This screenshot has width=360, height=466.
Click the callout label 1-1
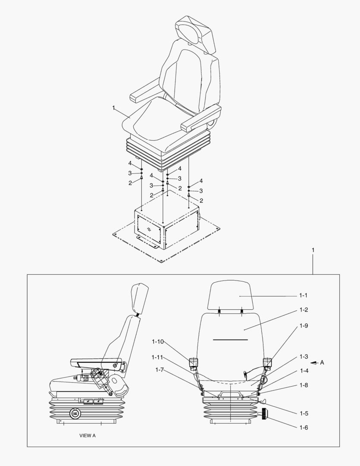(x=303, y=296)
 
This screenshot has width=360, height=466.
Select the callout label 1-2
(x=303, y=310)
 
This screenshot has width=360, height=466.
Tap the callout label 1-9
(x=303, y=326)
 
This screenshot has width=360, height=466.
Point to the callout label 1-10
(x=157, y=342)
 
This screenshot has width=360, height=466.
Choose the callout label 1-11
(x=157, y=357)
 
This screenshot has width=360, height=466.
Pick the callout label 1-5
(x=304, y=413)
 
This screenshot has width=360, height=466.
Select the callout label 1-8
(x=304, y=385)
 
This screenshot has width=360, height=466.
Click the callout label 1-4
(x=304, y=371)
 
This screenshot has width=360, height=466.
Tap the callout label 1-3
(x=304, y=357)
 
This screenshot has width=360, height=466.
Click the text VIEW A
(x=88, y=436)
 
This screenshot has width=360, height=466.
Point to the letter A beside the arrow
(x=322, y=362)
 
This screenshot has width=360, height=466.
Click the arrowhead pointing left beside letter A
(x=313, y=363)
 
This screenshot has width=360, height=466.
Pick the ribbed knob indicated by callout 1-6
(x=263, y=414)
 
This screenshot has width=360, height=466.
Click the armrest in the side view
(x=95, y=359)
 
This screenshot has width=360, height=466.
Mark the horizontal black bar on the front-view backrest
(x=230, y=340)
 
